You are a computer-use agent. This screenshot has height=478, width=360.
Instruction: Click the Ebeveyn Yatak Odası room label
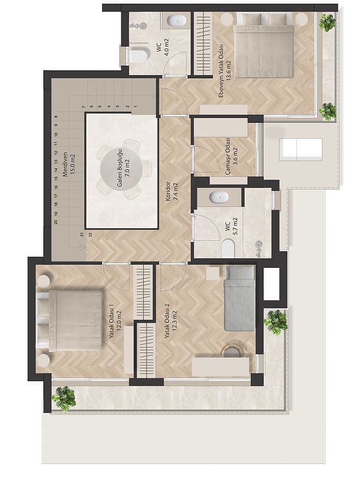(x=221, y=71)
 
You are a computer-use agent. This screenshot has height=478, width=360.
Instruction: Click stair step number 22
(x=90, y=235)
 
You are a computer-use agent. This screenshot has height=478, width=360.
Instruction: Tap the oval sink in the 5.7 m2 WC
(x=219, y=197)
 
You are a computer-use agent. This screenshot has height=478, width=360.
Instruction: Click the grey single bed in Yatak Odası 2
(x=240, y=298)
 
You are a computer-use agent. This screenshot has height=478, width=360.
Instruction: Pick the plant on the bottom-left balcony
(x=64, y=398)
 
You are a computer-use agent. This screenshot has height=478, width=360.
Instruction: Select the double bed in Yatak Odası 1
(x=69, y=321)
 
